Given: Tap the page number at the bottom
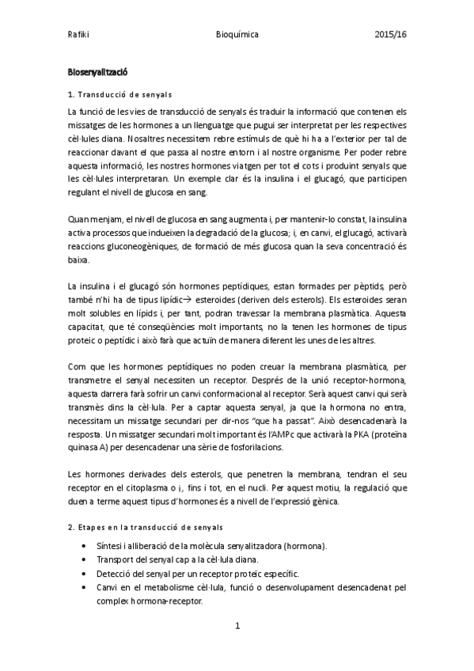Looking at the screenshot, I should coord(237,626).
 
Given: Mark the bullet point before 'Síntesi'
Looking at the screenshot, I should coord(85,546).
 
